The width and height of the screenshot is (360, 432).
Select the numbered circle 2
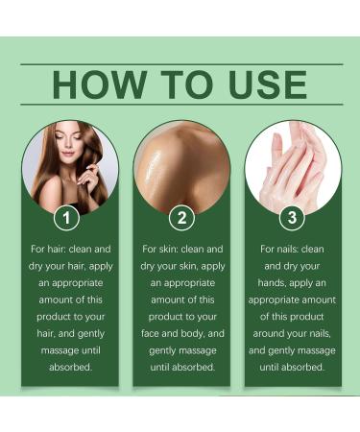(181, 219)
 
